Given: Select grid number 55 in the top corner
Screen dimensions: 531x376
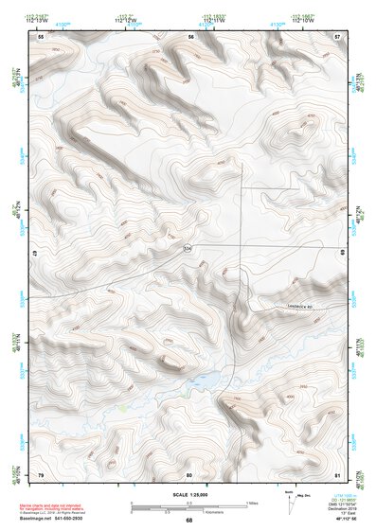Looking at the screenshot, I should [41, 37].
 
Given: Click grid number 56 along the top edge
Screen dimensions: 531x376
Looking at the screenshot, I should [190, 37].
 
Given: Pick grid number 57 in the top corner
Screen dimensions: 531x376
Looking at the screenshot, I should [337, 37].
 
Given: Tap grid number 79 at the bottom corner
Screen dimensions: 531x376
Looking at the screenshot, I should [41, 473].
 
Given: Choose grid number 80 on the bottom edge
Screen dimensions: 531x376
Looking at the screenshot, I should [189, 473].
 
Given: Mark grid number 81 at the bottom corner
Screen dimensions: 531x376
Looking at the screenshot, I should [337, 473].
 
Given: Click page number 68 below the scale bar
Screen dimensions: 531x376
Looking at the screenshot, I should [188, 520].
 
